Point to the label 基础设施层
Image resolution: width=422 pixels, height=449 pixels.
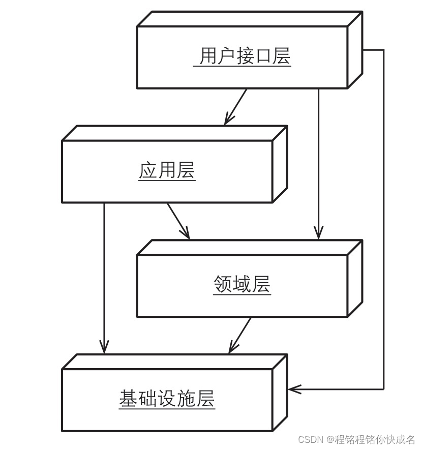167,399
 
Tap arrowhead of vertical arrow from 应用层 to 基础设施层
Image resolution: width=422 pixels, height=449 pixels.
104,349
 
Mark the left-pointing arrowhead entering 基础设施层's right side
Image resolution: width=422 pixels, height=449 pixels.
292,390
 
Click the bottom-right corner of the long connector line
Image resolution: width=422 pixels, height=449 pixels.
383,390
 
